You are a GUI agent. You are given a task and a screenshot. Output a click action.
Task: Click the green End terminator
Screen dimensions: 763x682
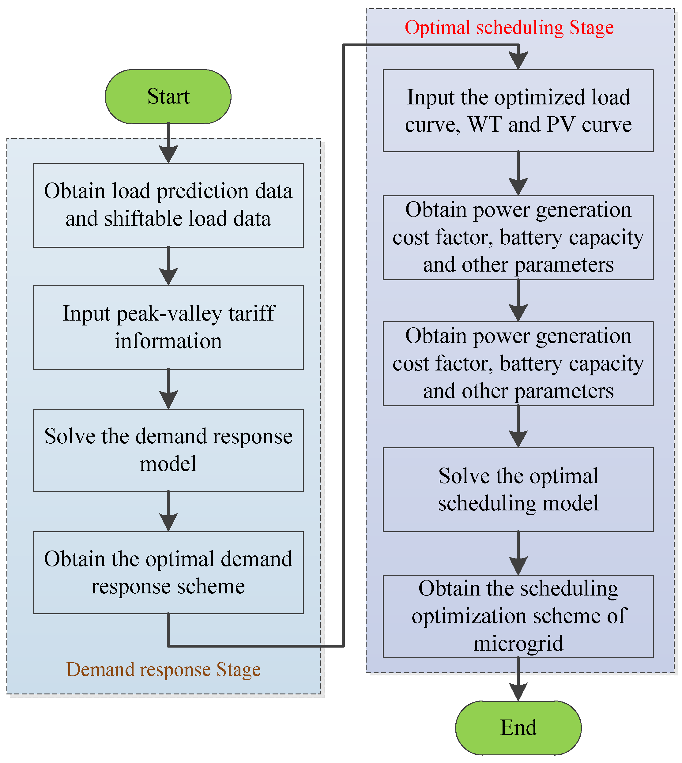pyautogui.click(x=518, y=727)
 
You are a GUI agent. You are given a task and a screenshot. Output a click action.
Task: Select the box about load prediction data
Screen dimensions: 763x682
pyautogui.click(x=168, y=205)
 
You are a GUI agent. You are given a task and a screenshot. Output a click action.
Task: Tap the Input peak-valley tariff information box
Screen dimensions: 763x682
pyautogui.click(x=168, y=327)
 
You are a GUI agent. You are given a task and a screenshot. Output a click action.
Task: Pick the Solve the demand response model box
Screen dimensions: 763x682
pyautogui.click(x=168, y=450)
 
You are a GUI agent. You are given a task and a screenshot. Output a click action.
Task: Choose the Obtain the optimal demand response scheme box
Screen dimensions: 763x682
pyautogui.click(x=168, y=572)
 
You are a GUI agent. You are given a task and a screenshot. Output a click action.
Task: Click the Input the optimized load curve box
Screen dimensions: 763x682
pyautogui.click(x=518, y=111)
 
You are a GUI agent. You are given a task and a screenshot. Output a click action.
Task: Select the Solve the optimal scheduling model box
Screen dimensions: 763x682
pyautogui.click(x=518, y=489)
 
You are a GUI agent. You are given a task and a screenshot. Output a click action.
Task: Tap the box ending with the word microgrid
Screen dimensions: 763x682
pyautogui.click(x=518, y=616)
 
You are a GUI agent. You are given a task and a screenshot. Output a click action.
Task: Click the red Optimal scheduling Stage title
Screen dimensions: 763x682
pyautogui.click(x=509, y=28)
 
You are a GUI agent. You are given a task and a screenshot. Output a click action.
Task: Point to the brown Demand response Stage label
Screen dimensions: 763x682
pyautogui.click(x=164, y=669)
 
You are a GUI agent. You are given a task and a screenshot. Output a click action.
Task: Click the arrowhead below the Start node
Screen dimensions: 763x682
pyautogui.click(x=168, y=154)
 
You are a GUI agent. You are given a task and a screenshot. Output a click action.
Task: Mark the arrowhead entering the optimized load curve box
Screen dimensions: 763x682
pyautogui.click(x=518, y=60)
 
